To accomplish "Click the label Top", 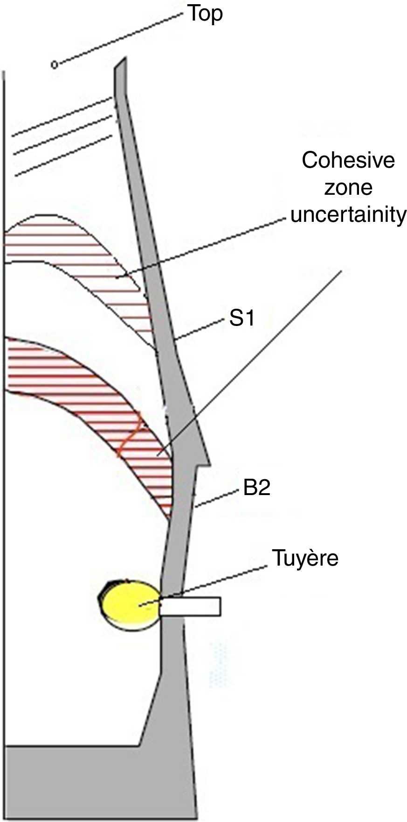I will (x=205, y=14).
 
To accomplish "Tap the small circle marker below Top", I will (x=55, y=64).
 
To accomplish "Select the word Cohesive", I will (x=348, y=161).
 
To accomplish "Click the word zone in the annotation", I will (x=348, y=188).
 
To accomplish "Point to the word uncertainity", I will (x=348, y=215).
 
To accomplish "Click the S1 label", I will (x=241, y=319).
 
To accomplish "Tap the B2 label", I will (x=256, y=489).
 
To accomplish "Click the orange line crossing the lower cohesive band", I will (x=131, y=434).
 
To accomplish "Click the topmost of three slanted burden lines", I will (x=61, y=117).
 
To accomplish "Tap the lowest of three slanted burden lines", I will (x=63, y=156).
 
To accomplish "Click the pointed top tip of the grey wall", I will (x=124, y=60).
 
